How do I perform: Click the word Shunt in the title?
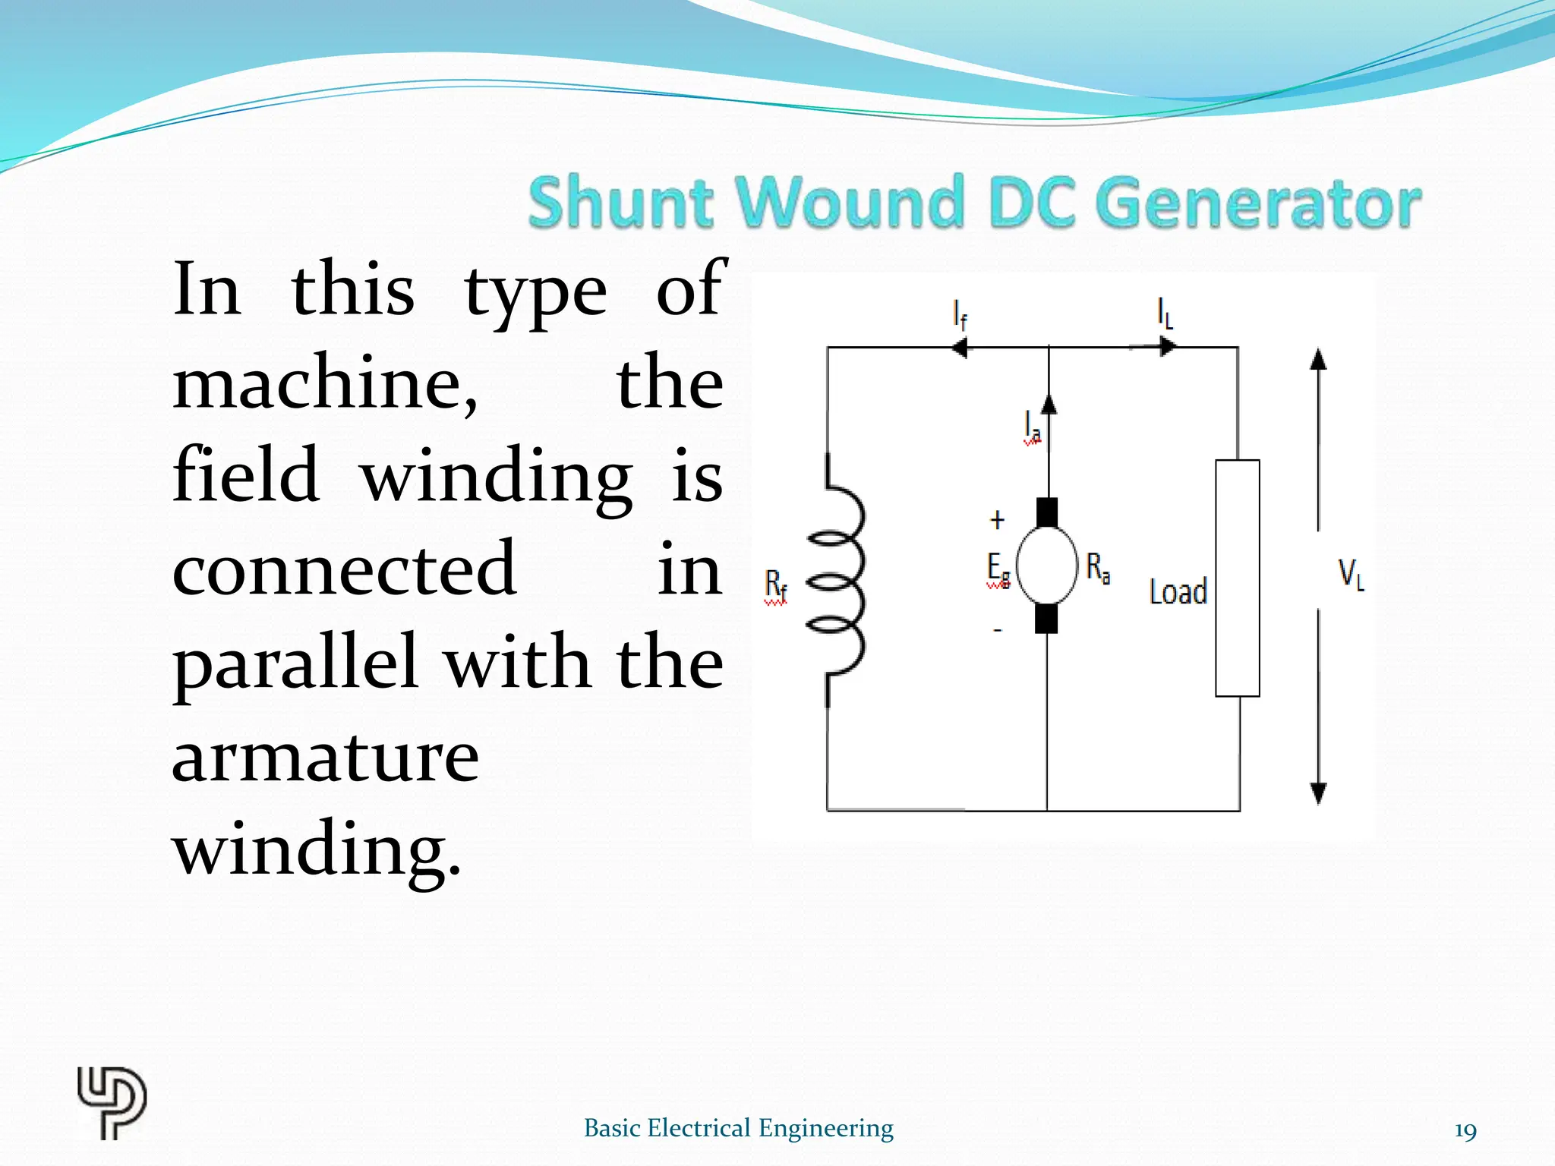pos(620,202)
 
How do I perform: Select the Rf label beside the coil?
pos(775,586)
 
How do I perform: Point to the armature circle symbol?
pos(1047,566)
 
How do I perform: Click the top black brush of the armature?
pos(1047,512)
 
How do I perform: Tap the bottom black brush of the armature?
pos(1046,618)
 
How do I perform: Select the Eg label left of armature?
pos(998,569)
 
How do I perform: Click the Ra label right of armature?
pos(1098,568)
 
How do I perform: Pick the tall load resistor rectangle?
pos(1237,578)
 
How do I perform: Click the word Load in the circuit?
pos(1178,592)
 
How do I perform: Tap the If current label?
pos(960,314)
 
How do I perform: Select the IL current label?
pos(1165,313)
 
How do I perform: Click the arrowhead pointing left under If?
pos(959,348)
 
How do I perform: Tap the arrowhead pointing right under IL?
pos(1167,347)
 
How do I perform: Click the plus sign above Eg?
pos(998,520)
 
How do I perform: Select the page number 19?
pos(1465,1131)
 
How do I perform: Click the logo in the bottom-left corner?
pos(112,1103)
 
